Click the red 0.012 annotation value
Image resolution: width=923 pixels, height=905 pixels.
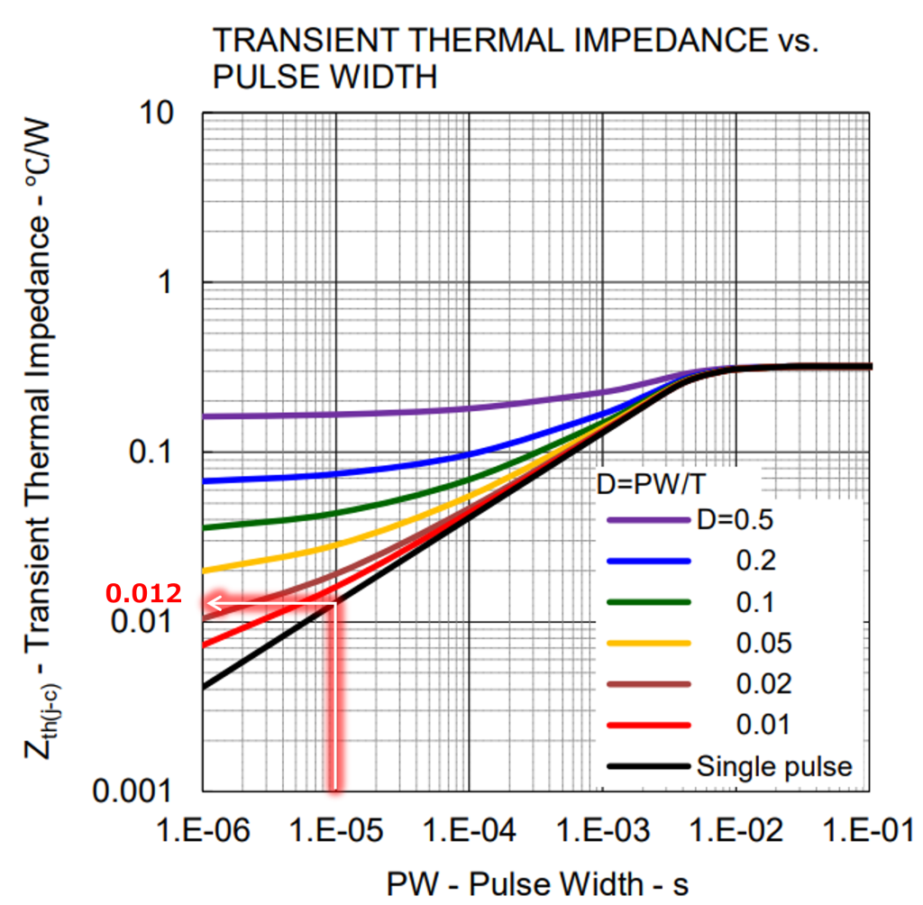pos(144,594)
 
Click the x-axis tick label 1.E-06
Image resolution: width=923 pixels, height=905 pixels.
pos(204,831)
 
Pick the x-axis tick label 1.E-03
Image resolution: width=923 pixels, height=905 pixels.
pos(603,831)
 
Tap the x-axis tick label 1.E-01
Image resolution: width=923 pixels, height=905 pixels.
pos(870,831)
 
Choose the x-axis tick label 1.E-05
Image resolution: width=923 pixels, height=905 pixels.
pos(336,831)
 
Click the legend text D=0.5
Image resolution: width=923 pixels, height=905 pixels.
pos(736,519)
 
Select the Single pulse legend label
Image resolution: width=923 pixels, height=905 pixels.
pos(773,766)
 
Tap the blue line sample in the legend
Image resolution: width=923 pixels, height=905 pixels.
pos(648,561)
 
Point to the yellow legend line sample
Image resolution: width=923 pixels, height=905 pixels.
pos(648,643)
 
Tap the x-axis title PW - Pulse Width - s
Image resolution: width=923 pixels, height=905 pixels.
pos(538,883)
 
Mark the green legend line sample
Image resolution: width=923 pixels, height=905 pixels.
pos(648,601)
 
